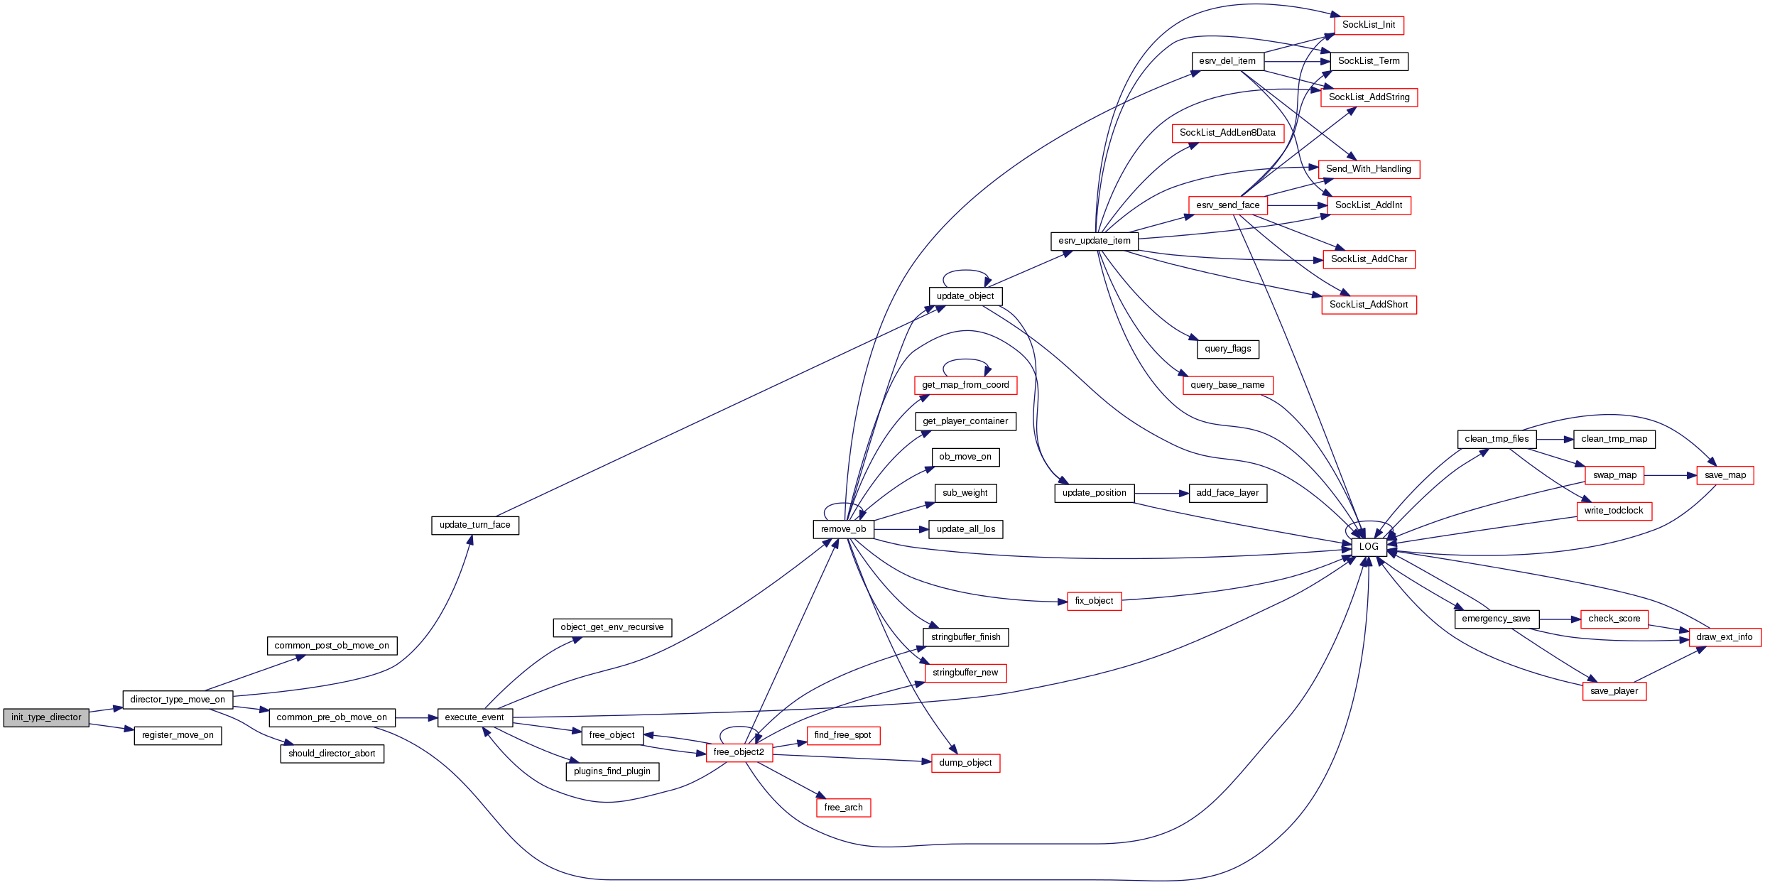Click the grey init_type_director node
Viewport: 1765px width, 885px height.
point(46,717)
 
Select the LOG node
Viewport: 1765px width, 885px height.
point(1369,547)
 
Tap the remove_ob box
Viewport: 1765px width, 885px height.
point(843,529)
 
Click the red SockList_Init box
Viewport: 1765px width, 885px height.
point(1369,25)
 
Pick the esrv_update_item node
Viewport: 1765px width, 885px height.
point(1094,241)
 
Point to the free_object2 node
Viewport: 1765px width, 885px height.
point(739,752)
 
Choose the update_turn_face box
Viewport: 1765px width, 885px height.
point(474,525)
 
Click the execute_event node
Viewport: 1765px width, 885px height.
point(474,717)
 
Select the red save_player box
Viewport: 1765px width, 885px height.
point(1614,691)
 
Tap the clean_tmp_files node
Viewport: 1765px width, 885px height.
point(1497,439)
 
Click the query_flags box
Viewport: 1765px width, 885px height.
point(1227,349)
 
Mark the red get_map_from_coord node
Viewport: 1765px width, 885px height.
point(965,385)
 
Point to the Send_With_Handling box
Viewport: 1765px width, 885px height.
point(1369,169)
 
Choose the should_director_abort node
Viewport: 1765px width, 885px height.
point(332,754)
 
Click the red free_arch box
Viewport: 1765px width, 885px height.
point(843,808)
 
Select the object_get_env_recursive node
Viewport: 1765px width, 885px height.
point(612,627)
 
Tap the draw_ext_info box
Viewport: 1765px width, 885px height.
point(1724,637)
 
